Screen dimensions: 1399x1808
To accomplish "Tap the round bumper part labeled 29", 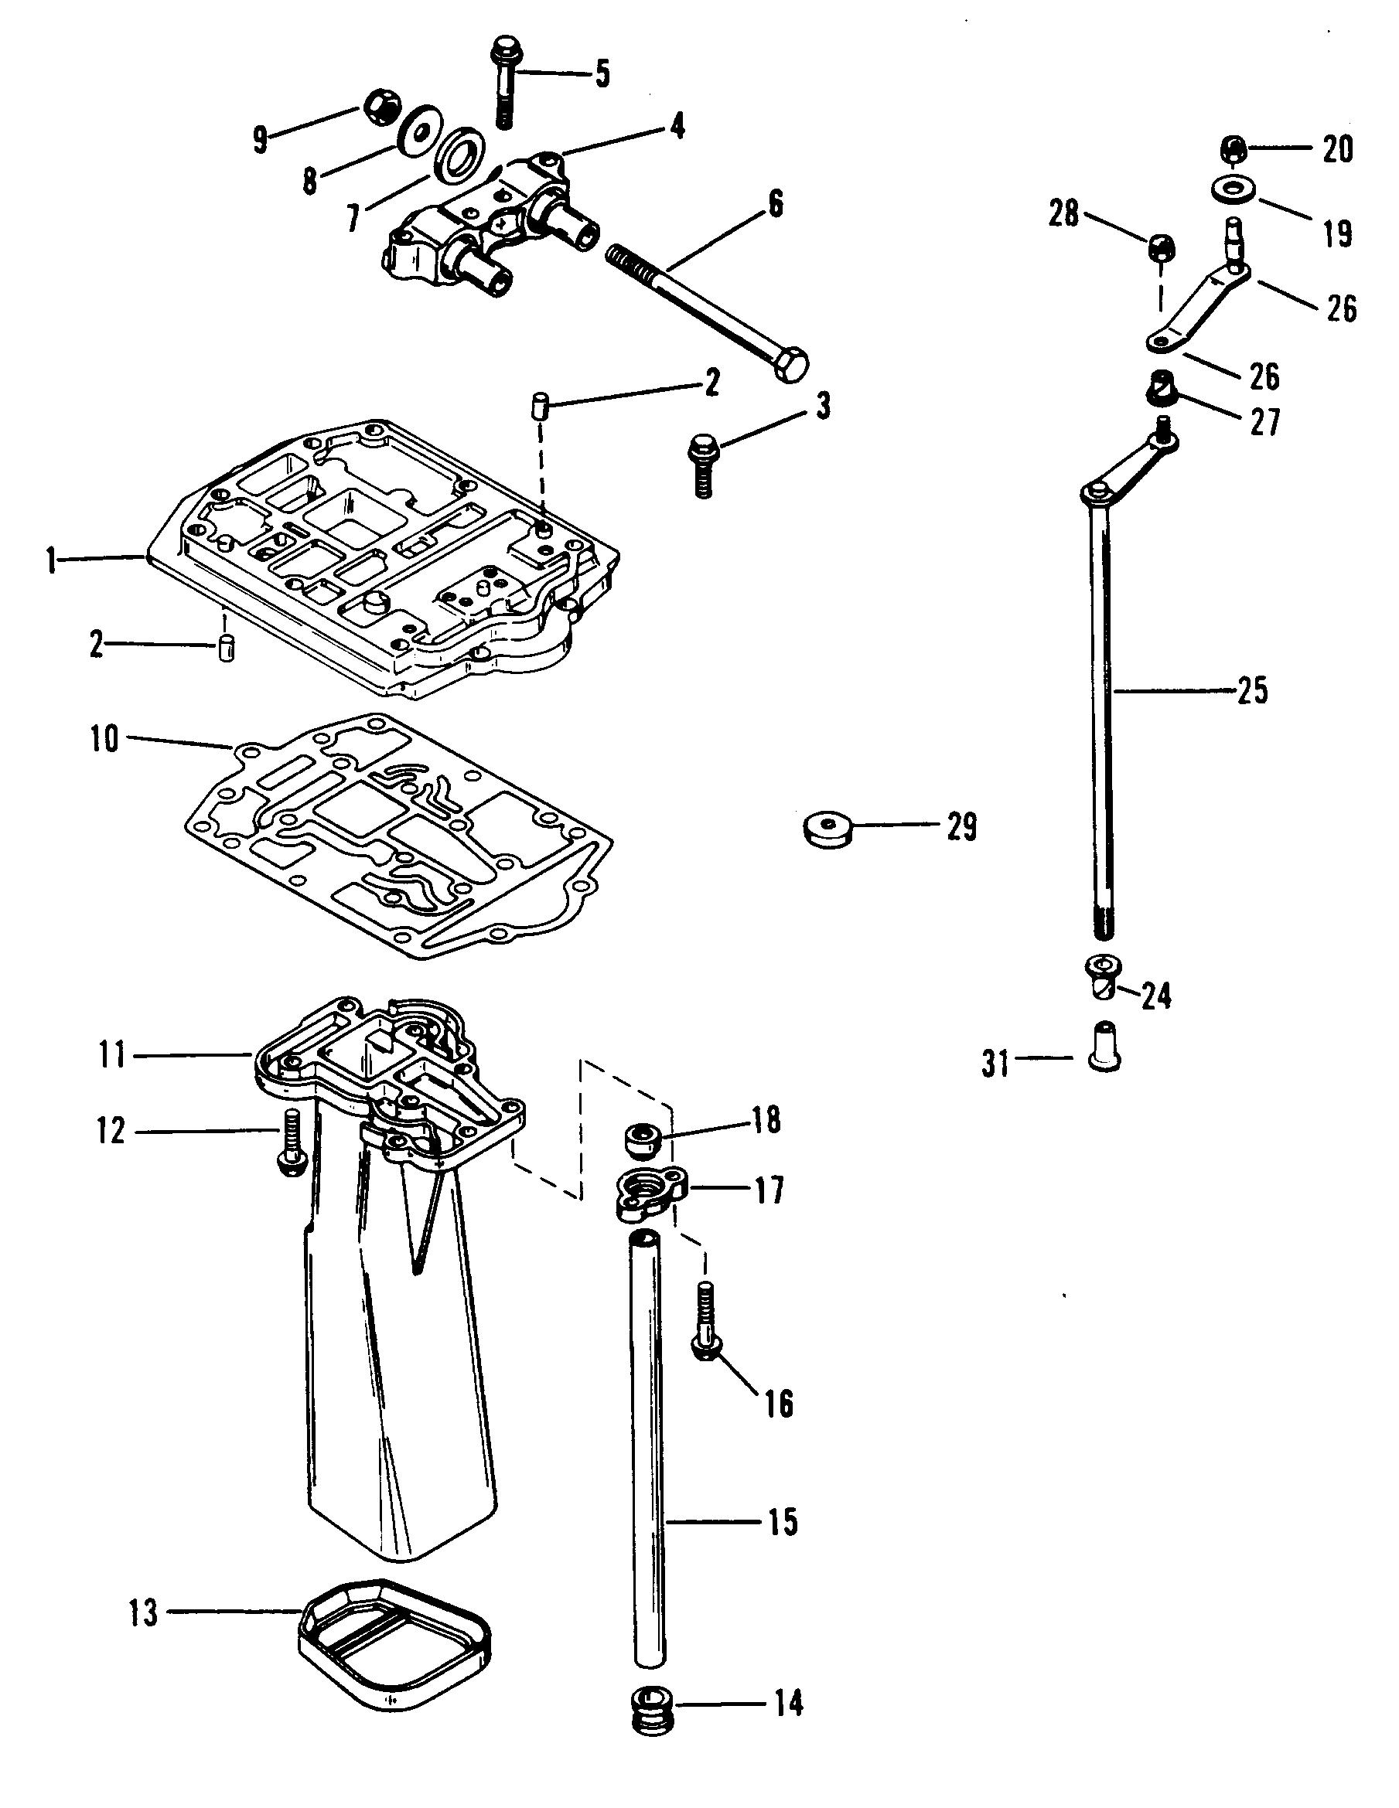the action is pos(828,829).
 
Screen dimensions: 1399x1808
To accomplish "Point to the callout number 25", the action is pos(1251,690).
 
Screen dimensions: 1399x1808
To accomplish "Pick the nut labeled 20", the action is pos(1234,150).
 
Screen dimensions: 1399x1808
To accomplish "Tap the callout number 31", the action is pos(995,1064).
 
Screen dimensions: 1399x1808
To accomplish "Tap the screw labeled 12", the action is pos(292,1141).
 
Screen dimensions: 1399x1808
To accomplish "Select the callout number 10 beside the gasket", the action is pos(105,739).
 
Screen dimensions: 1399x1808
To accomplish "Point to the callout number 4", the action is pos(677,127).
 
